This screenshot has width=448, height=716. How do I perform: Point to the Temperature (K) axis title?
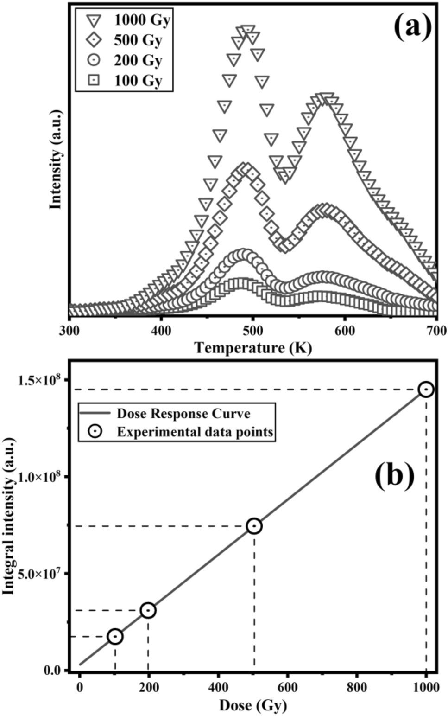[x=253, y=348]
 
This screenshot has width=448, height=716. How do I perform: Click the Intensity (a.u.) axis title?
[x=56, y=159]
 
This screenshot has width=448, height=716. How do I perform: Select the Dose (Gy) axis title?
[x=253, y=706]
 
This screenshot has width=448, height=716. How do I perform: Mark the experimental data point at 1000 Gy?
[x=426, y=390]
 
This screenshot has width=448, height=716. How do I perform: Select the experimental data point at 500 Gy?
[x=254, y=526]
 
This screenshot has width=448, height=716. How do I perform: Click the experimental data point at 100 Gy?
[x=115, y=637]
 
